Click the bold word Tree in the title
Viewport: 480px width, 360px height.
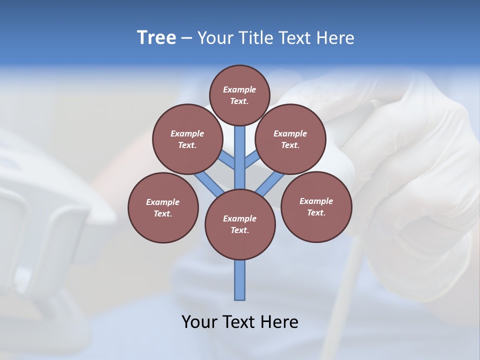click(156, 38)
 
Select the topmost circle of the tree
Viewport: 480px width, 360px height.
click(239, 95)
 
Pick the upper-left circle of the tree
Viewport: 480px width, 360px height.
click(187, 139)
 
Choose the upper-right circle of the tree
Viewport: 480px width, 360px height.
click(290, 139)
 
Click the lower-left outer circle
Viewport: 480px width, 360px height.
click(163, 207)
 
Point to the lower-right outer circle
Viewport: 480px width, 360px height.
click(316, 206)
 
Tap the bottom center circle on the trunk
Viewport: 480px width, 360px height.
click(240, 224)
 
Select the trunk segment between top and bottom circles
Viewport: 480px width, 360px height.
click(240, 157)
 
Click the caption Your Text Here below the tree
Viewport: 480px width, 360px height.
click(240, 321)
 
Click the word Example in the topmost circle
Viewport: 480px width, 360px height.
click(239, 89)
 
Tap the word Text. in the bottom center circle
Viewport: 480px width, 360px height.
click(239, 230)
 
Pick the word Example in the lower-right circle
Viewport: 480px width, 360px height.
click(316, 201)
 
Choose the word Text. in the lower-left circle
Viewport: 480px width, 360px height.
click(162, 213)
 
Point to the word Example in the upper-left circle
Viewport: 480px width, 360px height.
click(187, 133)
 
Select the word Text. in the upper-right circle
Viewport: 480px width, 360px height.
click(290, 145)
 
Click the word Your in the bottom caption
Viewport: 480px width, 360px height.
click(198, 321)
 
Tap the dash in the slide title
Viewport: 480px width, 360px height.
click(186, 38)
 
